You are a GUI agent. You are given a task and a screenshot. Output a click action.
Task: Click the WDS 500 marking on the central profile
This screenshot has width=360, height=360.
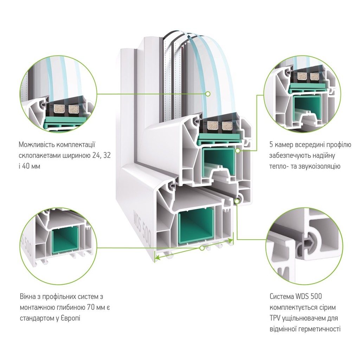point(143,229)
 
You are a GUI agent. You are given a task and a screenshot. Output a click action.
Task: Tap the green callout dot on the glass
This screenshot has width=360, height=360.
point(208,94)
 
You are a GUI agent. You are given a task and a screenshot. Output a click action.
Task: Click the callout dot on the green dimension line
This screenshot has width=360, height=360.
point(202,248)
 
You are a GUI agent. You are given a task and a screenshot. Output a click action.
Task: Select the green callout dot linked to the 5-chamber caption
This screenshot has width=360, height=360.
point(238,150)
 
